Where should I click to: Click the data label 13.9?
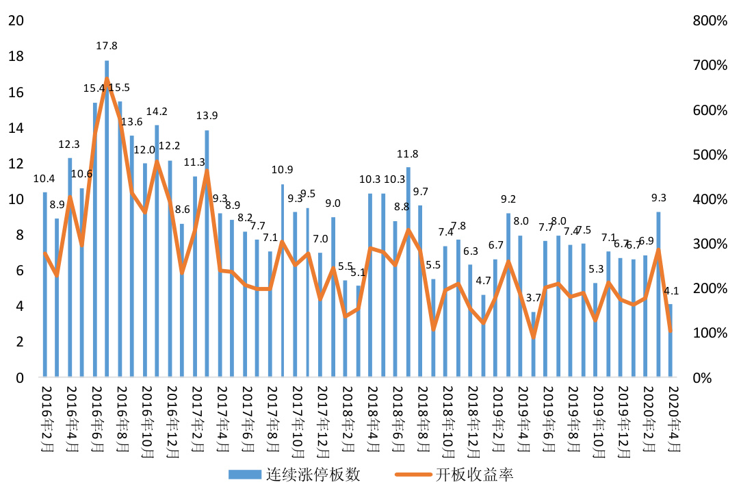(x=207, y=116)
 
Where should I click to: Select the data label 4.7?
(x=484, y=280)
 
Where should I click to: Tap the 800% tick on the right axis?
(x=710, y=21)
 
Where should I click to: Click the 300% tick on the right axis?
(x=710, y=244)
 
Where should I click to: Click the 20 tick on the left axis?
(x=15, y=21)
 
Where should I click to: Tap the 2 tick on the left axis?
(x=18, y=342)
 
